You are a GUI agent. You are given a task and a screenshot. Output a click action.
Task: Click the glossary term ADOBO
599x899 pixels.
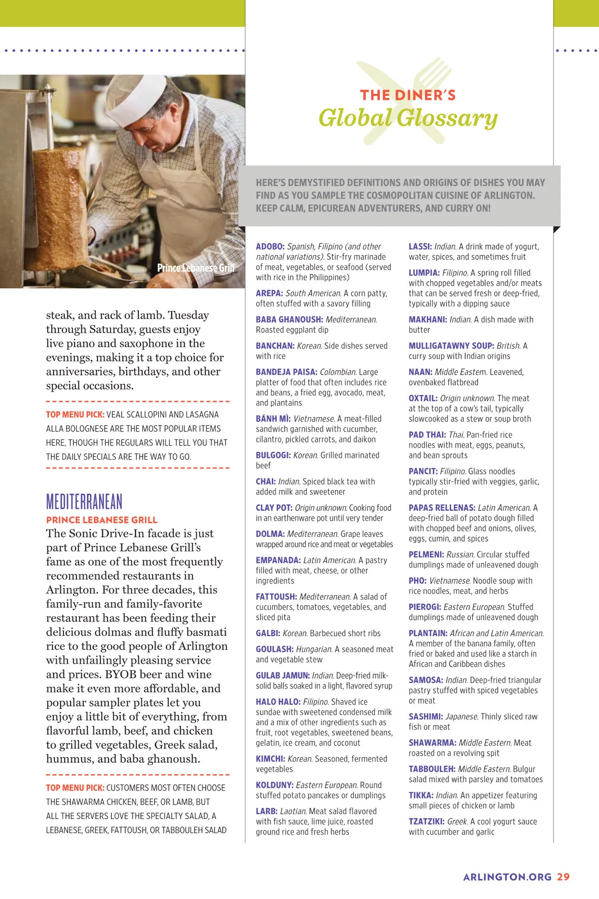[x=270, y=247]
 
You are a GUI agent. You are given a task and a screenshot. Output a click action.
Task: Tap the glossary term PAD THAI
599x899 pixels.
[x=427, y=435]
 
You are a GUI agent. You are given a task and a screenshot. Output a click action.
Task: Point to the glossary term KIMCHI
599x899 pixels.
[x=270, y=759]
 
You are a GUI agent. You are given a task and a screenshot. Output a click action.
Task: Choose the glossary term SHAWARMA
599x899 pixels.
[x=432, y=743]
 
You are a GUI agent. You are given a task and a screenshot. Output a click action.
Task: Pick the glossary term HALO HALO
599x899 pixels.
[x=278, y=702]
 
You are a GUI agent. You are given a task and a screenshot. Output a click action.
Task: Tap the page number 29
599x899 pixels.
[x=563, y=877]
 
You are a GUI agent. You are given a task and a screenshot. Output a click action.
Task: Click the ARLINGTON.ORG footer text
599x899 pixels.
[x=507, y=877]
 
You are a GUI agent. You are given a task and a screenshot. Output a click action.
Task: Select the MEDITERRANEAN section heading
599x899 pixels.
[x=84, y=501]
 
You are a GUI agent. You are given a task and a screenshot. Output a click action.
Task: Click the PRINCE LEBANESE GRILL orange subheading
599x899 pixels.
[x=102, y=520]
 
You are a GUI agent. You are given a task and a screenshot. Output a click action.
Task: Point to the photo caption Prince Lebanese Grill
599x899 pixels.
[x=196, y=268]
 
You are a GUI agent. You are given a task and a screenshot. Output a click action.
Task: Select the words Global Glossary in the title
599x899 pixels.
[x=408, y=118]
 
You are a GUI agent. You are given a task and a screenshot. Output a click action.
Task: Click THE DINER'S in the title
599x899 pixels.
[x=408, y=95]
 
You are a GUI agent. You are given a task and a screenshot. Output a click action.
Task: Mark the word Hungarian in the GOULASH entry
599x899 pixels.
[x=314, y=649]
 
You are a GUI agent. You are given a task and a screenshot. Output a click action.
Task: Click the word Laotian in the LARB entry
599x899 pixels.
[x=293, y=812]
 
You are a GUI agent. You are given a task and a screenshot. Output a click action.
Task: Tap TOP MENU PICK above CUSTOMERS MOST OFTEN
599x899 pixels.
[x=75, y=788]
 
